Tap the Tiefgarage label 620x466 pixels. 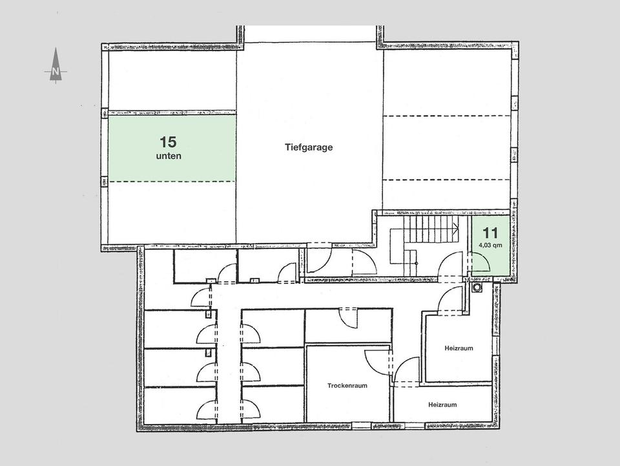[309, 147]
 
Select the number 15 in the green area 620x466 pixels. [168, 141]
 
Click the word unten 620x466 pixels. [168, 156]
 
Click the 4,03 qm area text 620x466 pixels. [490, 245]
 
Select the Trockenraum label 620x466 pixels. [347, 385]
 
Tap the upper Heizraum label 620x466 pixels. [459, 348]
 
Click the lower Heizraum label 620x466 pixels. [442, 405]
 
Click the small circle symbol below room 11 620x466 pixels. [477, 286]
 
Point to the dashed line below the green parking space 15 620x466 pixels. [171, 182]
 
